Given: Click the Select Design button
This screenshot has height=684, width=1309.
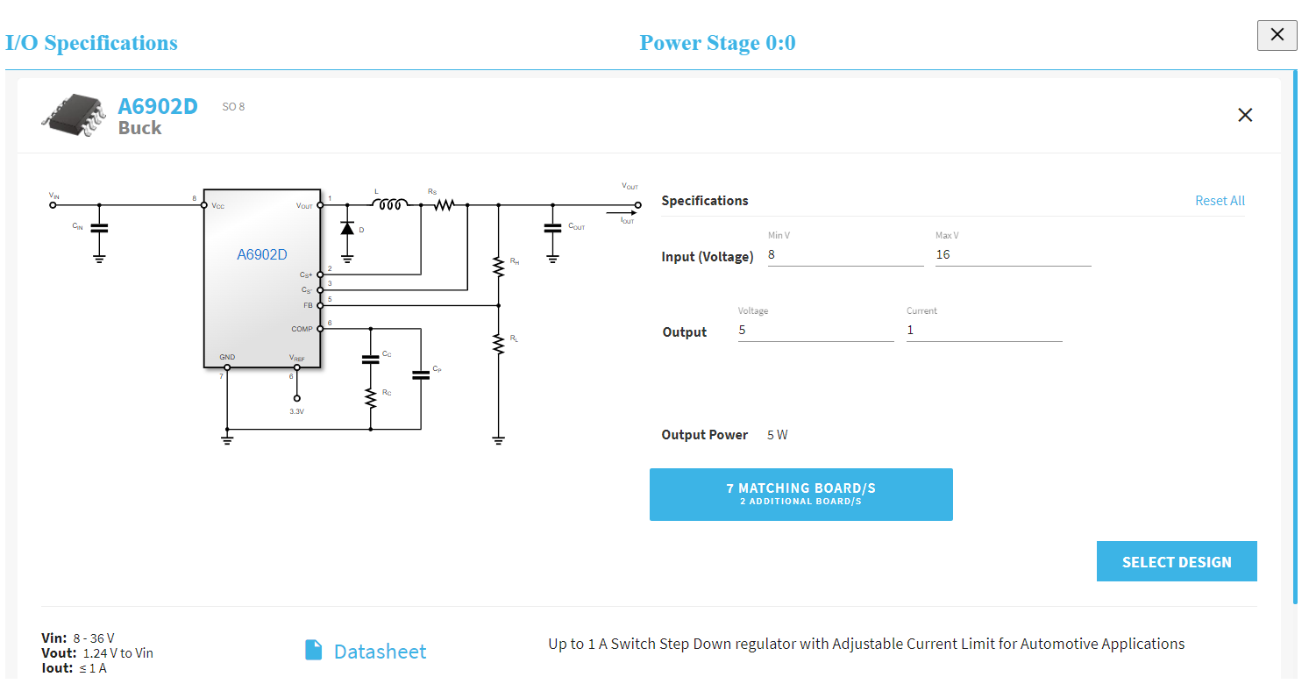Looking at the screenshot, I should coord(1176,561).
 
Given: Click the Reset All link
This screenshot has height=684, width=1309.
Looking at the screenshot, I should coord(1220,201).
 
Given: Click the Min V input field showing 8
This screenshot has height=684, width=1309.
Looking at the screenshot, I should coord(845,255).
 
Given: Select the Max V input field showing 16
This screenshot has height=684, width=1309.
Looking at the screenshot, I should coord(1013,255).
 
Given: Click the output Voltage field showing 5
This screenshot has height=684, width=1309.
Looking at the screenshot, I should coord(815,331).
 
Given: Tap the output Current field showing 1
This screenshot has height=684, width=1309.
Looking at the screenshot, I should coord(984,331).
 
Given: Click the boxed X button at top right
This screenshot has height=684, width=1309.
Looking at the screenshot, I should coord(1277,35).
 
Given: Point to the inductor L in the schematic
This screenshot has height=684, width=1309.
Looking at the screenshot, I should coord(389,205).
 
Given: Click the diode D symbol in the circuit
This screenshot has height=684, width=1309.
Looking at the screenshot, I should coord(347,228).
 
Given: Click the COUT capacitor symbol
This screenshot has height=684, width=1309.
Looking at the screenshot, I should coord(552,228).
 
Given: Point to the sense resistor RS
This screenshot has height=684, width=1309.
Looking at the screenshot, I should coord(444,205).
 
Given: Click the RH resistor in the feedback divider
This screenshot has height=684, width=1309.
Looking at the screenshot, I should coord(498,266).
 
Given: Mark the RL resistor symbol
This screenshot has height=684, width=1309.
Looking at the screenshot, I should coord(498,344).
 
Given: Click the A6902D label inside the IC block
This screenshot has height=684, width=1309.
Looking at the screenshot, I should coord(261,255).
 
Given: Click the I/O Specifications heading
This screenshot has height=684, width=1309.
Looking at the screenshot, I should coord(91,43).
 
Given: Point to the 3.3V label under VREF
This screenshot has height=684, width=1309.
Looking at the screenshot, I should coord(296,410).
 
